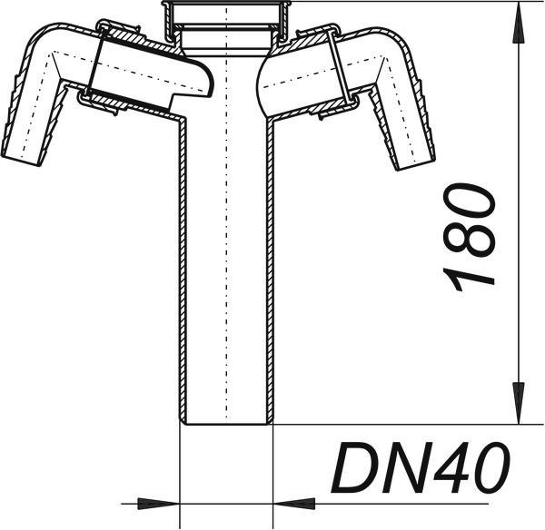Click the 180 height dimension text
tap(469, 238)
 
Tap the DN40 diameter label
tap(421, 467)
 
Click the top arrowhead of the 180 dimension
tap(519, 23)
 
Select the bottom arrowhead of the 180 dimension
tap(519, 403)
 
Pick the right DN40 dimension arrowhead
tap(294, 504)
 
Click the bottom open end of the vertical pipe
tap(226, 423)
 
